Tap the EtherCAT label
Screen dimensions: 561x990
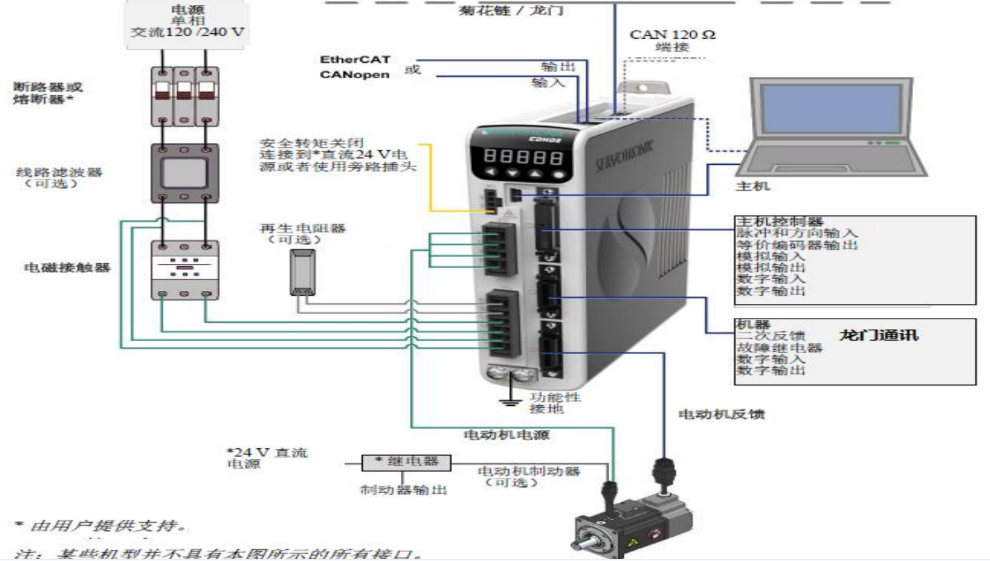[355, 60]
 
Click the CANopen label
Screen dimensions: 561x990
[354, 75]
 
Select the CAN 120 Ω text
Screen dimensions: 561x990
[672, 35]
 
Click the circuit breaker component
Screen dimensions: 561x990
[184, 96]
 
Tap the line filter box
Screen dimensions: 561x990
[185, 173]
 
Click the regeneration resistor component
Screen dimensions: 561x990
[303, 270]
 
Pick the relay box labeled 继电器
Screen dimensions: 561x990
[406, 461]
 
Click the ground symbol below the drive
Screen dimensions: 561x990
[509, 398]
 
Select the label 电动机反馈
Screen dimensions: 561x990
[721, 415]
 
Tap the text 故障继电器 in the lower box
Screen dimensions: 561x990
[779, 348]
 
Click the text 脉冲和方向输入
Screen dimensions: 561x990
[787, 233]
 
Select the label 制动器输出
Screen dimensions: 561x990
[404, 490]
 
